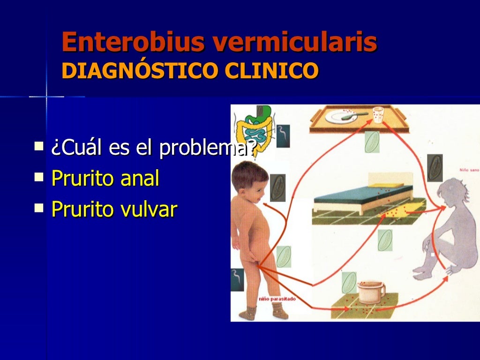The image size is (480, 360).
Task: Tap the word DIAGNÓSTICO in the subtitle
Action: pos(140,71)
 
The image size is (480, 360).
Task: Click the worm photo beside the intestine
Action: pos(283,136)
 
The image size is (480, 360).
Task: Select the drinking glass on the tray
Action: pos(378,115)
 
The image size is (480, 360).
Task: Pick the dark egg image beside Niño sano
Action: pos(435,168)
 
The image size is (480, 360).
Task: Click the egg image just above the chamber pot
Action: pos(349,282)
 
